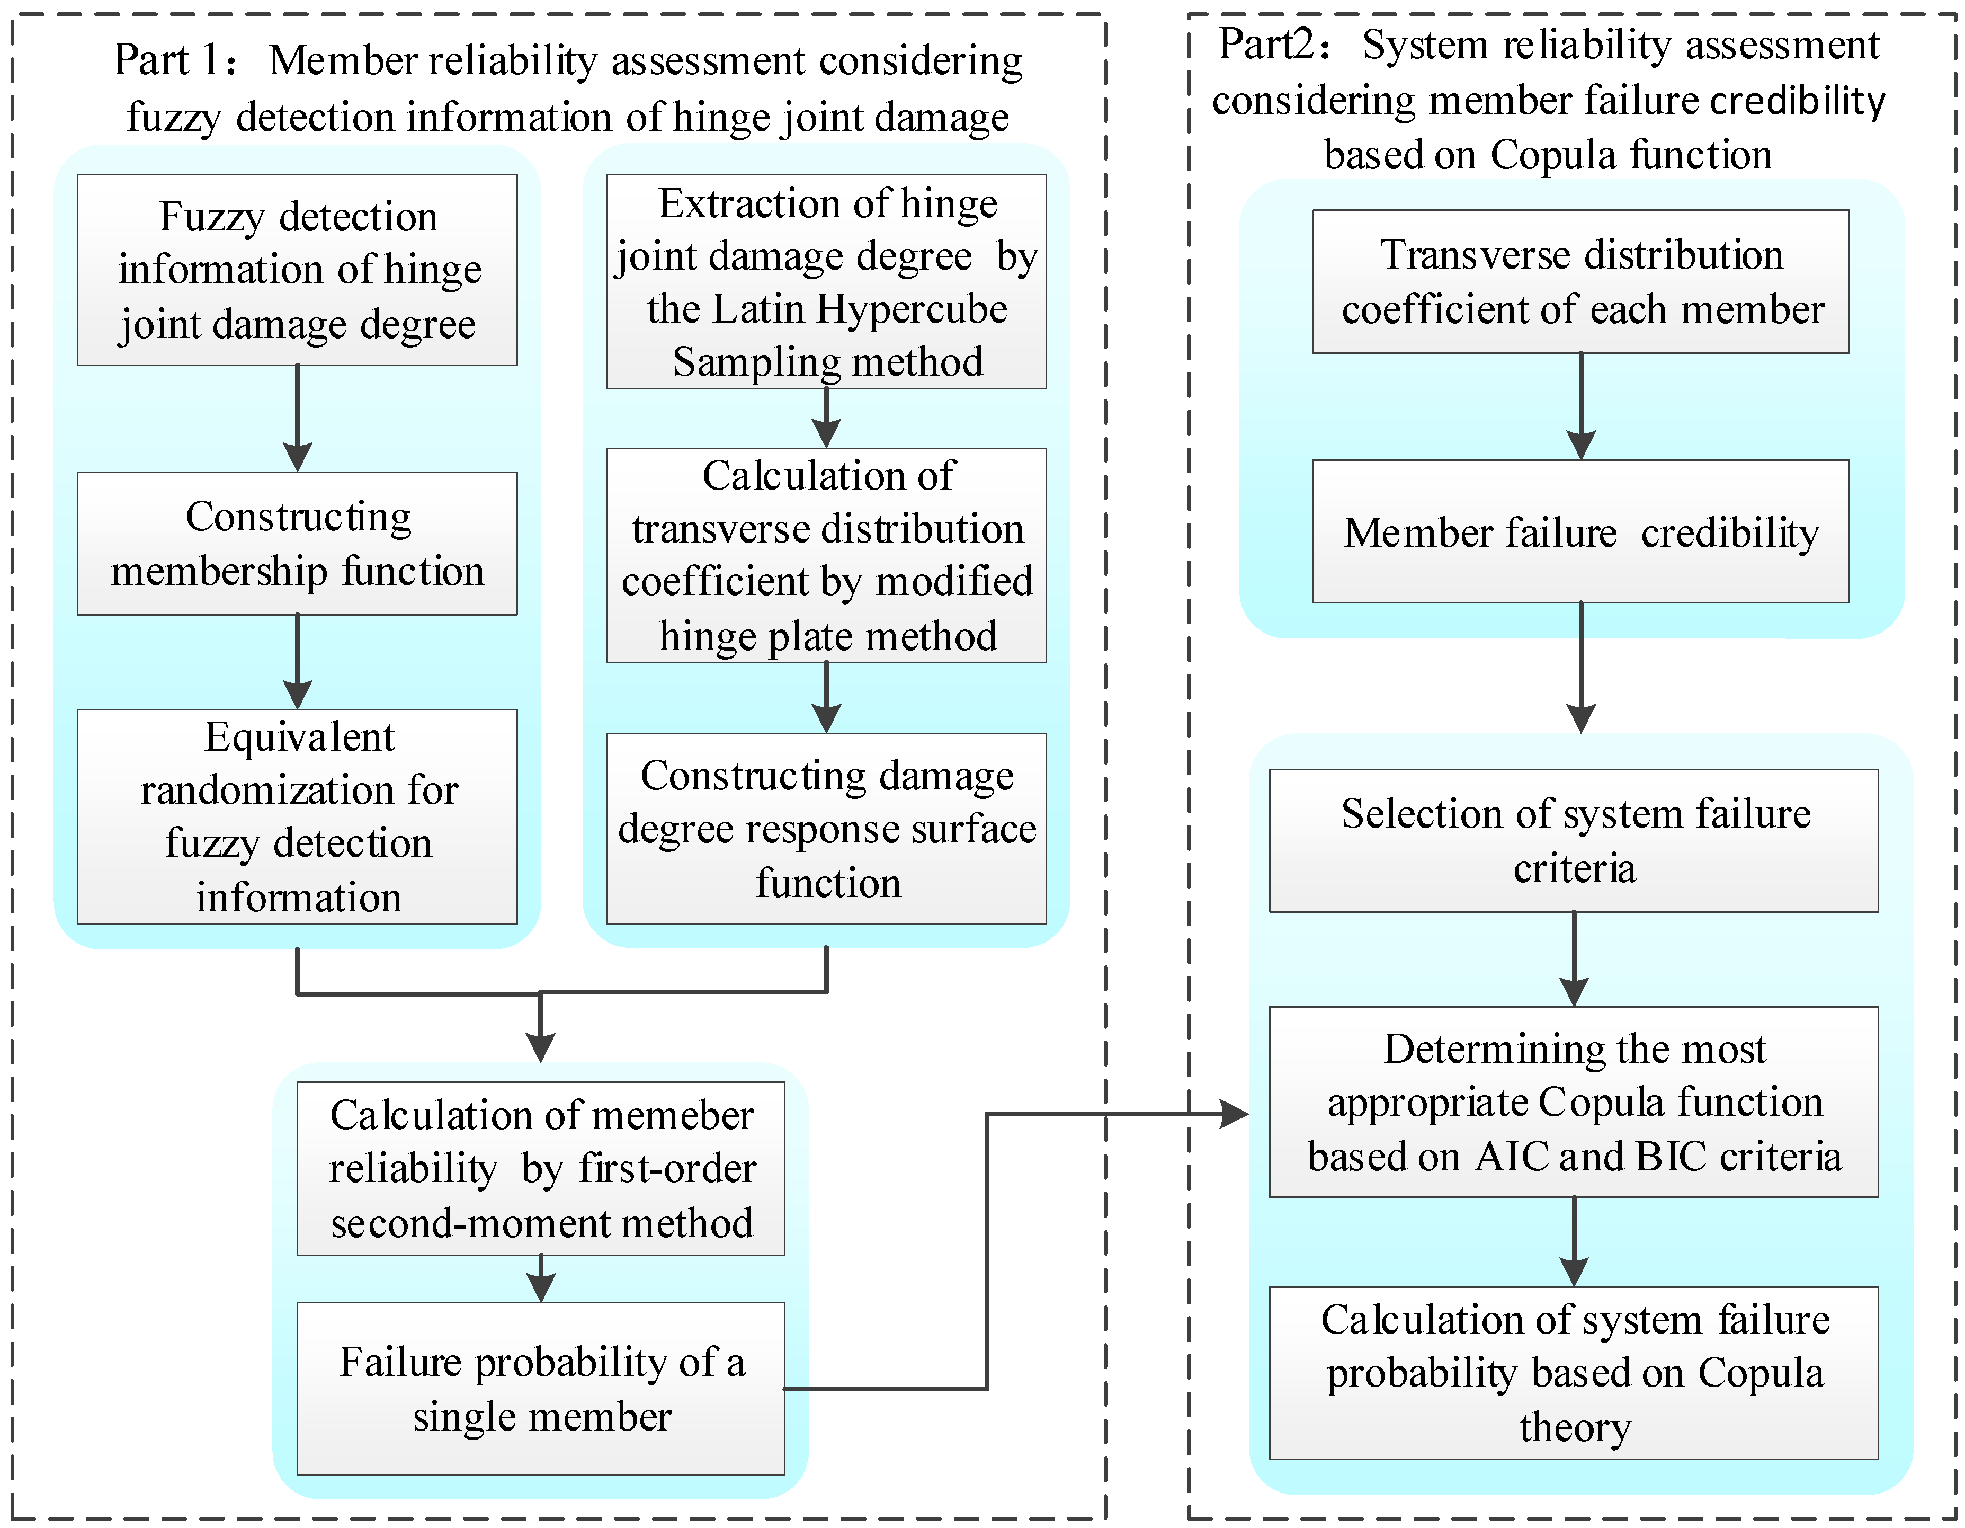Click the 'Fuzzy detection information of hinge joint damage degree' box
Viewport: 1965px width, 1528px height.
click(297, 270)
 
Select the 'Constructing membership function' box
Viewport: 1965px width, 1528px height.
click(297, 544)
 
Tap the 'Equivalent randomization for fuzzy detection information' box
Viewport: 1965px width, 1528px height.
click(297, 816)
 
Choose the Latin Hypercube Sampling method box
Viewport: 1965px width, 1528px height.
click(826, 282)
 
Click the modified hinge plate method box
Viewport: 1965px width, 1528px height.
click(826, 555)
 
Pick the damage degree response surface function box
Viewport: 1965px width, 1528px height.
click(826, 828)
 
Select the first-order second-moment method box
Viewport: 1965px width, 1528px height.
click(541, 1168)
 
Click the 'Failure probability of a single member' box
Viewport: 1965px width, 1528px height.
click(541, 1389)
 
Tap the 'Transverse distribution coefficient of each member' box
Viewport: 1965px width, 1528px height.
click(1581, 282)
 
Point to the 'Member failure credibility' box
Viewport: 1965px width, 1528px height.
click(1581, 532)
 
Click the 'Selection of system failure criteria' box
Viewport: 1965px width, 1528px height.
click(1574, 840)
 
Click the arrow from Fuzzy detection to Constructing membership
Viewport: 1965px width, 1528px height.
click(297, 419)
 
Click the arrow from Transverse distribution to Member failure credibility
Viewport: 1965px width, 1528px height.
click(1581, 407)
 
